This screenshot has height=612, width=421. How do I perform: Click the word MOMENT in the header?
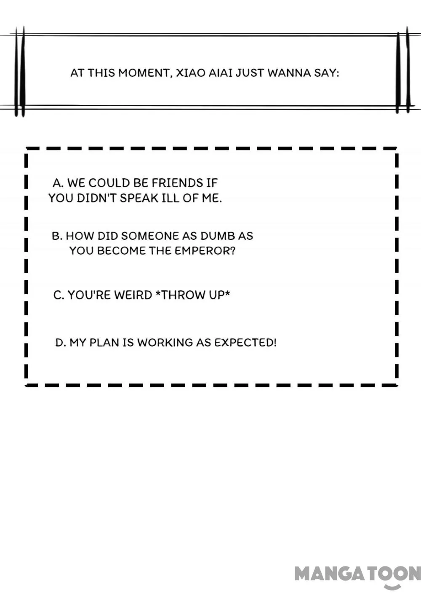(145, 73)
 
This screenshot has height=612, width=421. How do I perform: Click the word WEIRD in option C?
(133, 295)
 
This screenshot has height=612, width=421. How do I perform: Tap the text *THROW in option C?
(181, 295)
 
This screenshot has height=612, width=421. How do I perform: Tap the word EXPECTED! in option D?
(245, 342)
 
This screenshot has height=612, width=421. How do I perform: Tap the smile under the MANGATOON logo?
(392, 586)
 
